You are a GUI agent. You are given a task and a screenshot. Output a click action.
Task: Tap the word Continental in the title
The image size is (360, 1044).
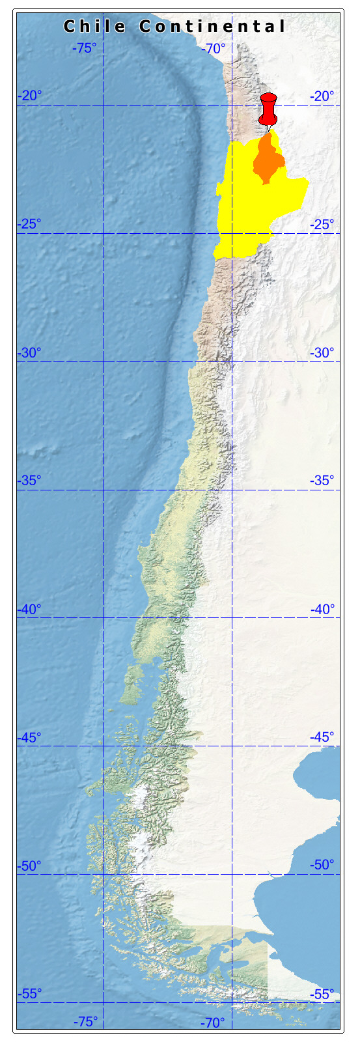click(212, 27)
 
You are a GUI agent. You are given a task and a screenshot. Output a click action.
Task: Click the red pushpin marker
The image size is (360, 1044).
click(268, 109)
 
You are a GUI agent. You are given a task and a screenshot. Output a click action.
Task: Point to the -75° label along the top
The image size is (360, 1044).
click(85, 48)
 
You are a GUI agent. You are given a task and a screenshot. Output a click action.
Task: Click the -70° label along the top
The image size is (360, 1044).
click(214, 48)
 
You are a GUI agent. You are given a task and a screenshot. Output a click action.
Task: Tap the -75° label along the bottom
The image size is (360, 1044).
click(85, 1022)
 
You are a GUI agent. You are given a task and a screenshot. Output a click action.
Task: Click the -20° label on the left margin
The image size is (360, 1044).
click(29, 96)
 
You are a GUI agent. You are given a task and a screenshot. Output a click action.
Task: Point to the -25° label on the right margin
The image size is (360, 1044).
click(322, 225)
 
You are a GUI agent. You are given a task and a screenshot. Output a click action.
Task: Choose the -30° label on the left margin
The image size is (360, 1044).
click(29, 353)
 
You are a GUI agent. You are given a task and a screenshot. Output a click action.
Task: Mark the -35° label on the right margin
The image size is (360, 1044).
click(322, 481)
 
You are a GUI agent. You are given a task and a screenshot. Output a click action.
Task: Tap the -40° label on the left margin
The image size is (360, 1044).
click(29, 609)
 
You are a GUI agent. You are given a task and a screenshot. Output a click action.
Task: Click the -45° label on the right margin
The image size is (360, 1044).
click(322, 737)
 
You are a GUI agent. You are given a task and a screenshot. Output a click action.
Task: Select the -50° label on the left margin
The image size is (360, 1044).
click(29, 866)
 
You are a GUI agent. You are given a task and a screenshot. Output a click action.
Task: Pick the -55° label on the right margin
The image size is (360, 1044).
click(322, 994)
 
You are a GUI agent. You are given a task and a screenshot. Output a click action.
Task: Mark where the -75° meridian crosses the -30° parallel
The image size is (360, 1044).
click(104, 361)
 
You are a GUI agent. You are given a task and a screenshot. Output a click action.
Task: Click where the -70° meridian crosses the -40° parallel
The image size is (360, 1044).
click(232, 617)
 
